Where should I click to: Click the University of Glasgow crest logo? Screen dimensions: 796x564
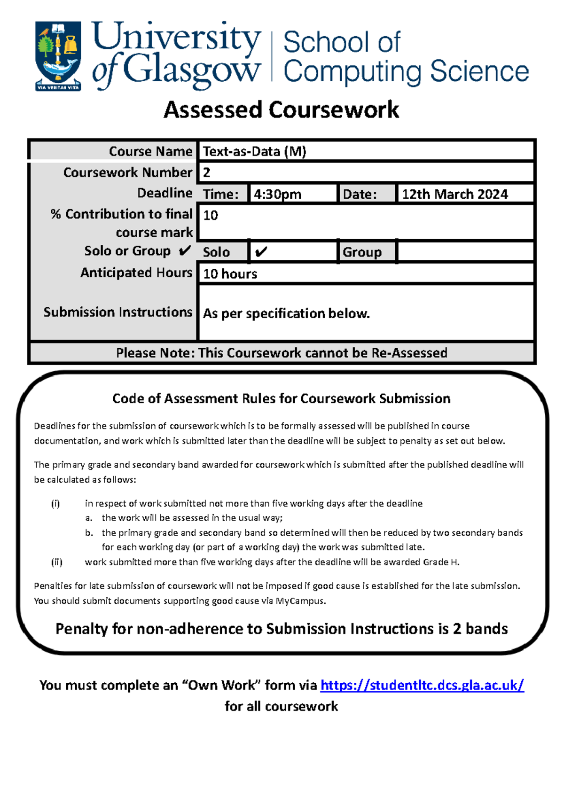[58, 55]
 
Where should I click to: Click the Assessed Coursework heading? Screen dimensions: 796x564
[281, 110]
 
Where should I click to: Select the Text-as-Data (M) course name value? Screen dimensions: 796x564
[254, 151]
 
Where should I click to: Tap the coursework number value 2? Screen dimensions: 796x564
[206, 172]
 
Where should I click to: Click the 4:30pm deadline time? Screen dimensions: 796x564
[277, 194]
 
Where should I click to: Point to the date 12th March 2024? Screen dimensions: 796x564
[454, 194]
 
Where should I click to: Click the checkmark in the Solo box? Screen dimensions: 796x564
[261, 252]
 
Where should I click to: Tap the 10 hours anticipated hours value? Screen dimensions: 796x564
[230, 273]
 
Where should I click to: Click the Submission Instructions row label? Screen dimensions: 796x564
[118, 312]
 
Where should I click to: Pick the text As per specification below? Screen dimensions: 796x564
[286, 313]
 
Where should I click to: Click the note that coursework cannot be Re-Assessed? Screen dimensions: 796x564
[282, 353]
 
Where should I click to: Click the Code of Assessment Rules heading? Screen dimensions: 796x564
[281, 398]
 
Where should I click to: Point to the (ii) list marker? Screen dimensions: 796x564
[56, 562]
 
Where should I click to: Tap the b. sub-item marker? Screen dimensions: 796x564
[89, 532]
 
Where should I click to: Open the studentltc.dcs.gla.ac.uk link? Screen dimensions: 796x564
[422, 685]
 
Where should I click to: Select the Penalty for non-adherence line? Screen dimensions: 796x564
[282, 629]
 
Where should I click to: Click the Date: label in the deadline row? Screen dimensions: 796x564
[360, 194]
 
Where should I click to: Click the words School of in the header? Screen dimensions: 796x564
[342, 42]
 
